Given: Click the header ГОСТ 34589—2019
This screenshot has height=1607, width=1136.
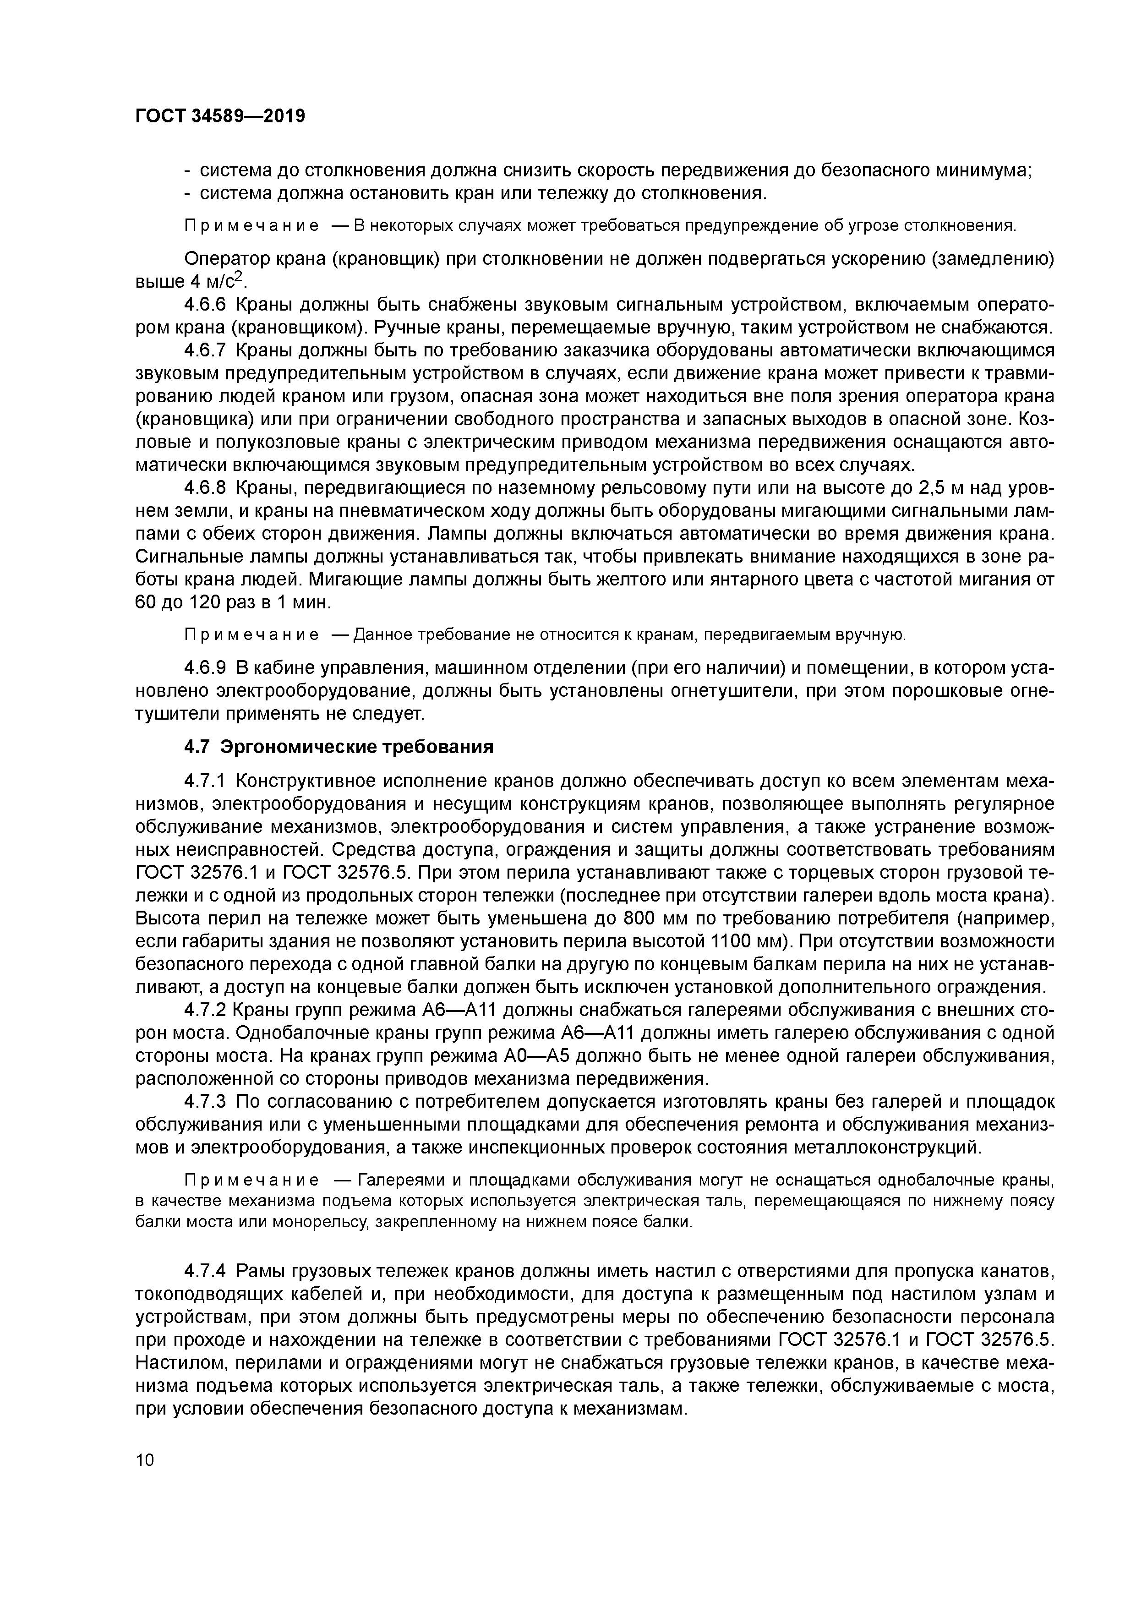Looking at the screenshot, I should click(x=220, y=116).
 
